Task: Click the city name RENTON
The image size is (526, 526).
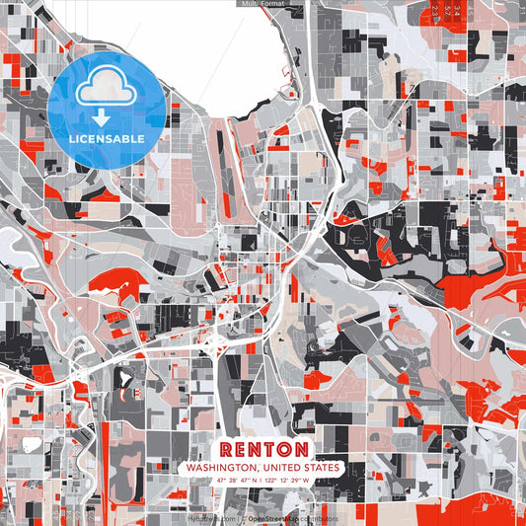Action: point(263,449)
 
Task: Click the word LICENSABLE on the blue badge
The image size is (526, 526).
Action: point(107,138)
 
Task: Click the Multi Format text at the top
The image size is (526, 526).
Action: point(263,4)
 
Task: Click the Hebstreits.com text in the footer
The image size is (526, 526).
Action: point(213,517)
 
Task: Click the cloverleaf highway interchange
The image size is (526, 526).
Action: point(216,344)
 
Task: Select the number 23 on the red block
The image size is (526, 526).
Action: point(436,10)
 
